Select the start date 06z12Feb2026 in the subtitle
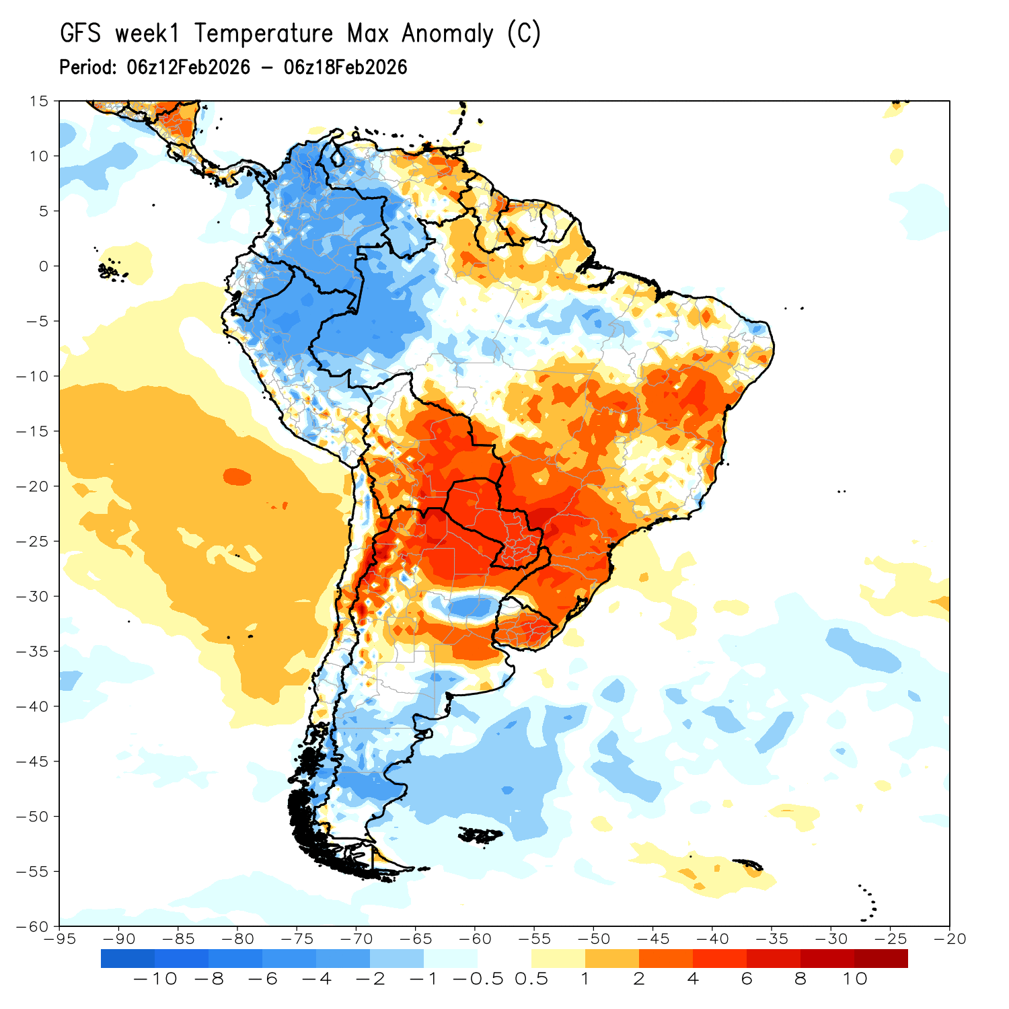pyautogui.click(x=188, y=67)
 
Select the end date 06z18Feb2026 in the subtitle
pyautogui.click(x=346, y=67)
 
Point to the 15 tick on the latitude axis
pyautogui.click(x=39, y=101)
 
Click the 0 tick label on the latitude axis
pyautogui.click(x=44, y=266)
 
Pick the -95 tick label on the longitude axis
pyautogui.click(x=59, y=939)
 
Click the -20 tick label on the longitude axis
pyautogui.click(x=949, y=939)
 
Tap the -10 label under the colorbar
pyautogui.click(x=155, y=979)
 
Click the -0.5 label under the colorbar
pyautogui.click(x=478, y=979)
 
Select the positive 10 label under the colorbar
pyautogui.click(x=854, y=979)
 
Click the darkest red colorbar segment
pyautogui.click(x=881, y=959)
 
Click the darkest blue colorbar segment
pyautogui.click(x=128, y=959)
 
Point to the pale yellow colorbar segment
pyautogui.click(x=558, y=959)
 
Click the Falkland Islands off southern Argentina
pyautogui.click(x=481, y=835)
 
